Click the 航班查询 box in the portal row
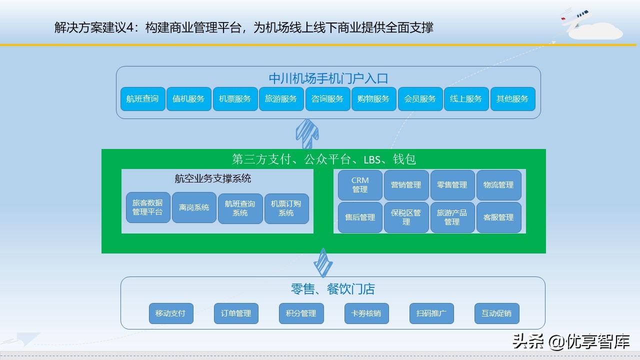tap(142, 99)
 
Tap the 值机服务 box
tap(188, 99)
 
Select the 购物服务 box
tap(373, 99)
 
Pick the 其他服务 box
tap(512, 99)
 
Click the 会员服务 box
tap(420, 99)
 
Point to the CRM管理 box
tap(360, 185)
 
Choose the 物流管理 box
tap(498, 185)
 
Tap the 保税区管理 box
tap(406, 217)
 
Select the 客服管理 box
tap(498, 217)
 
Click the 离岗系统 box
tap(194, 207)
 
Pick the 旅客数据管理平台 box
tap(148, 207)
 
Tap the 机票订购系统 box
tap(286, 208)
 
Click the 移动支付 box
tap(170, 313)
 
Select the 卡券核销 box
tap(366, 313)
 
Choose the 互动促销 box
tap(496, 313)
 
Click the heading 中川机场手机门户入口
tap(328, 78)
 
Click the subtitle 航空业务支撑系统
tap(213, 178)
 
